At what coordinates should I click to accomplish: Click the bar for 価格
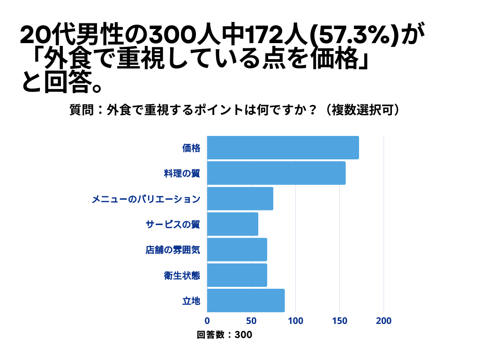283,148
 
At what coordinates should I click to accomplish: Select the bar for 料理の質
276,173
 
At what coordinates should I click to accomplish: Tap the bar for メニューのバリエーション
240,198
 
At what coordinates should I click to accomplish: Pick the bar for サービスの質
232,224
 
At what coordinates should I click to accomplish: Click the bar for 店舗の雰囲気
237,249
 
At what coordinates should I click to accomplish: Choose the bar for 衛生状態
237,275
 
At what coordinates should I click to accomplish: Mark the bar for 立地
246,300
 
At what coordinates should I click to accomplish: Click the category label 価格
191,148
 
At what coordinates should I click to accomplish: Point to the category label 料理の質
182,173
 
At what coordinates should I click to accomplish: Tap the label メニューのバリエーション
146,199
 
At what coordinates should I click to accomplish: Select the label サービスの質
173,224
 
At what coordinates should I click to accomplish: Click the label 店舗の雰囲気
173,250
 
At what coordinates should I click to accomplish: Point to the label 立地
191,300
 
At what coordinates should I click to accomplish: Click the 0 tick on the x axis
207,321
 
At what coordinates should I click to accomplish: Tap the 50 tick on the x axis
251,321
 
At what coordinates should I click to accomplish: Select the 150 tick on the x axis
340,321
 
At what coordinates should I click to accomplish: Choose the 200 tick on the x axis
384,321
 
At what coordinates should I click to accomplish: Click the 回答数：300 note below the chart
225,335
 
